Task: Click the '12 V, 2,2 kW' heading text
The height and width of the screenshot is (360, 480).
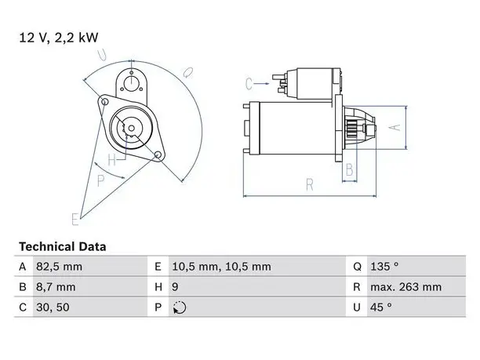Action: [59, 38]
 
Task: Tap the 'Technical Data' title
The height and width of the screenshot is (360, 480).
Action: [63, 247]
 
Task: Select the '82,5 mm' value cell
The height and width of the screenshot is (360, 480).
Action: [59, 267]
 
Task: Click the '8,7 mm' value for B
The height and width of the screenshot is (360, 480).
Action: [56, 287]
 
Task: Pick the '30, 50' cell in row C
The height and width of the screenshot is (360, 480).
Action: [53, 307]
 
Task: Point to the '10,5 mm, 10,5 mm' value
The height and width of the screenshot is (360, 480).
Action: [221, 267]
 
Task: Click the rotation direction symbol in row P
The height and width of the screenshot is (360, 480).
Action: [180, 307]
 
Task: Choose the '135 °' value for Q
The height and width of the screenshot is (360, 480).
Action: [384, 267]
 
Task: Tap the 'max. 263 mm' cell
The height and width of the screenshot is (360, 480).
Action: [406, 287]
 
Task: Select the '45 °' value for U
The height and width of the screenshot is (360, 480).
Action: [381, 307]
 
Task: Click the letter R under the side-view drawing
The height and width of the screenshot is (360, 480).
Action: [310, 184]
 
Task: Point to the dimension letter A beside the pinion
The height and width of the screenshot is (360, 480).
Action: [395, 127]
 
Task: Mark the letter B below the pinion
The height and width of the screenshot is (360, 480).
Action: [349, 169]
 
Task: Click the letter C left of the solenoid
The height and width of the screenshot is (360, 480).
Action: [249, 84]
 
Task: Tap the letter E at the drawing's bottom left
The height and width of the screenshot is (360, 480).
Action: [75, 219]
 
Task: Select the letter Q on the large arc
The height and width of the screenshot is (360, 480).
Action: [187, 72]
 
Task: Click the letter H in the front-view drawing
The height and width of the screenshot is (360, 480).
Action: [111, 159]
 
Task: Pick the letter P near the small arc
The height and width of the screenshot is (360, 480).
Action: [100, 180]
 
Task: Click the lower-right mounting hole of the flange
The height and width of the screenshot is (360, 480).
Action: [158, 155]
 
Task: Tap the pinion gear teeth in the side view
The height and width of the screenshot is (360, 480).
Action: [351, 129]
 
